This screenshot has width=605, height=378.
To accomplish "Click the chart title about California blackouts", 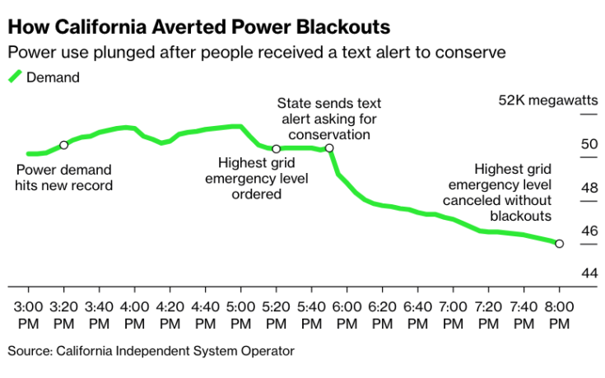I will click(198, 27).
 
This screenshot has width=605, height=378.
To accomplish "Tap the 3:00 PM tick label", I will click(29, 313).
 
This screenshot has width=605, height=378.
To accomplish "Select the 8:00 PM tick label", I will click(559, 313).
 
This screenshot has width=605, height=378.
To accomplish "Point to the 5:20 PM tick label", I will click(276, 313).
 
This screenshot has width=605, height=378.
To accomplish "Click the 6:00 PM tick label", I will click(347, 313).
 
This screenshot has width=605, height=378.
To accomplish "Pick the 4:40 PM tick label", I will click(205, 313).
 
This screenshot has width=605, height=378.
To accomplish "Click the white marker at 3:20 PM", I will click(64, 145).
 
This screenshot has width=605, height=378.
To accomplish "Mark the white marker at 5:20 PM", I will click(276, 149).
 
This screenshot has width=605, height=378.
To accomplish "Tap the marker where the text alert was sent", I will click(329, 149).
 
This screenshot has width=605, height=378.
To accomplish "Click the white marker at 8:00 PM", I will click(559, 244).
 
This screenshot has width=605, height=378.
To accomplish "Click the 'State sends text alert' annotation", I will click(328, 119).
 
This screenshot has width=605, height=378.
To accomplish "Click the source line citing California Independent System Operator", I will click(151, 351).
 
